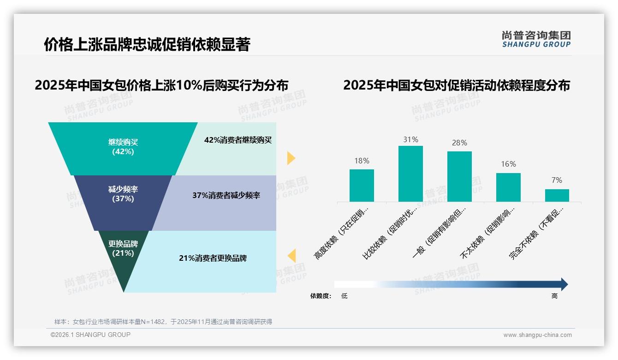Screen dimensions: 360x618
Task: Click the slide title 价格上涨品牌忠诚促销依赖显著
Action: click(x=147, y=44)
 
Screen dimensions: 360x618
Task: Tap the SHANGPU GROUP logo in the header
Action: click(x=536, y=39)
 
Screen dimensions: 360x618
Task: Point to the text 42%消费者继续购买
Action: click(x=238, y=140)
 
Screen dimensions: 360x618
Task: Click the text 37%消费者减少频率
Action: click(x=226, y=195)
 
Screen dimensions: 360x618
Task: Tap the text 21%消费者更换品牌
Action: click(x=213, y=258)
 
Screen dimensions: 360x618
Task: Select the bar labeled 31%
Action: click(x=410, y=174)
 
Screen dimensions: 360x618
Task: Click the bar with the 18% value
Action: click(x=362, y=185)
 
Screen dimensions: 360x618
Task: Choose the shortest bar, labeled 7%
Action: click(x=557, y=195)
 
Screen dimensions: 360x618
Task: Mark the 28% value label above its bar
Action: click(x=459, y=143)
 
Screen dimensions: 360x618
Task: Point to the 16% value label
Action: click(x=508, y=164)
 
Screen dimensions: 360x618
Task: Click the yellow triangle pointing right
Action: click(x=291, y=158)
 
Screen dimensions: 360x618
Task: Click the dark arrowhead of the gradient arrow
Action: click(x=564, y=284)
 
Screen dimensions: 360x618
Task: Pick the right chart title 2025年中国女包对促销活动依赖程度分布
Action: click(x=457, y=85)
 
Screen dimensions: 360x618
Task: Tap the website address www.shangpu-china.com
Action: click(x=537, y=335)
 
